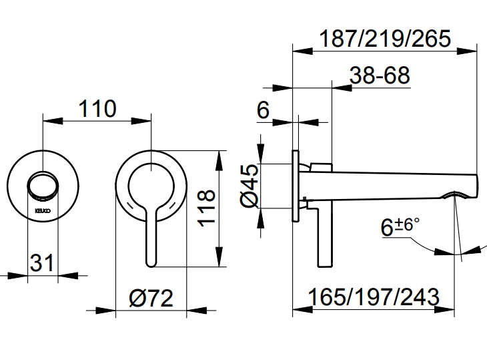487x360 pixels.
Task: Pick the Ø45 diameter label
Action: (248, 187)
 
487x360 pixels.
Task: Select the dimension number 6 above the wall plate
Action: (263, 110)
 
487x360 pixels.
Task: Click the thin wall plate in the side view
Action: (294, 186)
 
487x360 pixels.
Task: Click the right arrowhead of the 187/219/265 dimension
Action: (474, 49)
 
